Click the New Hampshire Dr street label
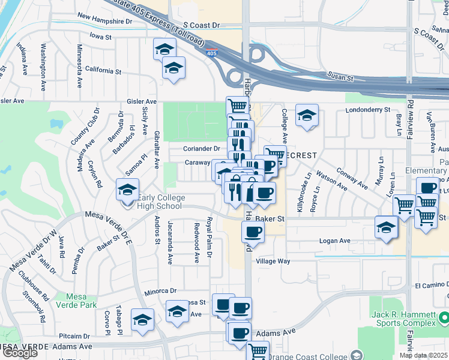point(104,20)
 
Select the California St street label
point(103,71)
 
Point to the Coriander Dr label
point(202,149)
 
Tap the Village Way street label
point(273,262)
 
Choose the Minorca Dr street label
point(160,291)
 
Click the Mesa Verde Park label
point(80,301)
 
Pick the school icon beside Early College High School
point(127,191)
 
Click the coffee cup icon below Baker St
point(253,232)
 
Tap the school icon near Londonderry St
point(307,116)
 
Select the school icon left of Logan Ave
point(386,228)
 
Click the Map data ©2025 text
point(423,355)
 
